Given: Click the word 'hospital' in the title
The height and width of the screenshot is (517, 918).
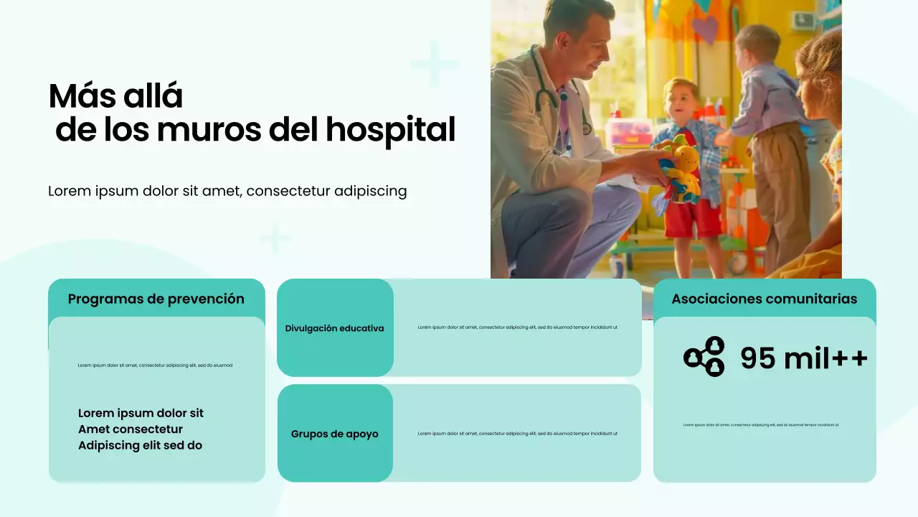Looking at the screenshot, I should tap(390, 130).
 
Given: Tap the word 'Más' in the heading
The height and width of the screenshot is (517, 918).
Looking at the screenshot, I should tap(79, 96).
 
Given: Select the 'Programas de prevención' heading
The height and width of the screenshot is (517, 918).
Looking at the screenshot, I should tap(156, 299).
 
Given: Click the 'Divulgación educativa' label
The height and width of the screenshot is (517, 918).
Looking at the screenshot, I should tap(335, 328).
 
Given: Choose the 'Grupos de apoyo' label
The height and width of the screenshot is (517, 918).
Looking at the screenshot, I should tap(335, 434).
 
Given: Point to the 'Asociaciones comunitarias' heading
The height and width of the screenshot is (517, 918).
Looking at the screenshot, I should tap(765, 299).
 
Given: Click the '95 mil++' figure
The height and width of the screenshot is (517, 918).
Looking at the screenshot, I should tap(803, 358).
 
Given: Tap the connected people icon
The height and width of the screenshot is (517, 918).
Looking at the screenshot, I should tap(704, 356).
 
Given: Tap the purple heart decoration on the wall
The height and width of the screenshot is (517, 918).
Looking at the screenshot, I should tap(706, 31).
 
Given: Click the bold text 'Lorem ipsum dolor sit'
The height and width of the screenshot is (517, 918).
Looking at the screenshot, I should tap(141, 413).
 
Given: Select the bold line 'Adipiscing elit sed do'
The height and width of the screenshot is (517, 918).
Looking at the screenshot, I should tap(140, 445).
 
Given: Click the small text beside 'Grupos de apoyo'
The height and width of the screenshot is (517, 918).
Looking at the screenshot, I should tap(517, 434).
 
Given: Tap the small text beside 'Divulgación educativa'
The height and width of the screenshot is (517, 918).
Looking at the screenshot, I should tap(517, 327).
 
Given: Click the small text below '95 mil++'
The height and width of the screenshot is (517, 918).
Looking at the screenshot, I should tap(761, 425).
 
